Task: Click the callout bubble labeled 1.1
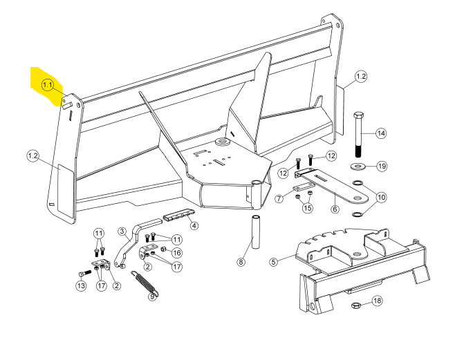click(x=48, y=85)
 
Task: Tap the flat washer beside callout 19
click(x=358, y=167)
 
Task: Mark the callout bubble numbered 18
click(x=376, y=301)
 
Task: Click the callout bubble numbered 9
click(x=153, y=299)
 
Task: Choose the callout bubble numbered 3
click(x=121, y=230)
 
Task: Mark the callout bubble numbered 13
click(x=80, y=286)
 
